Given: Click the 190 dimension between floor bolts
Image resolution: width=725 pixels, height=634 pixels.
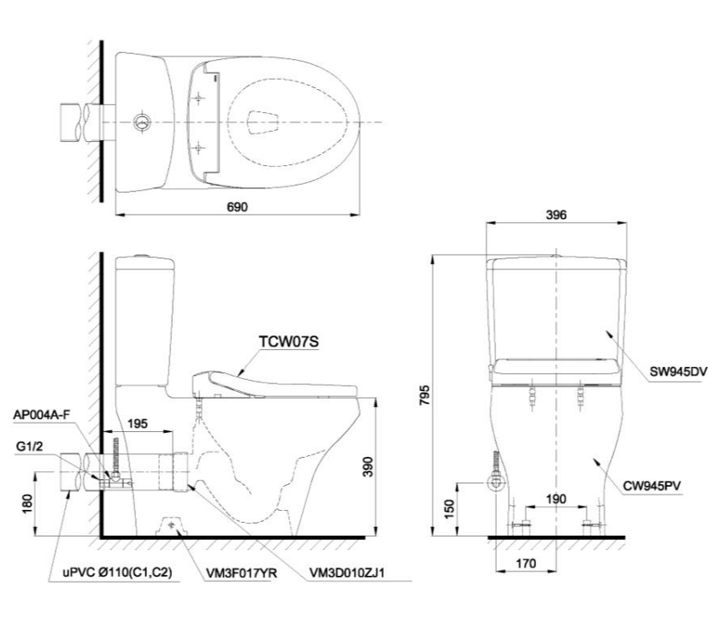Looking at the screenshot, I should [x=557, y=498].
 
